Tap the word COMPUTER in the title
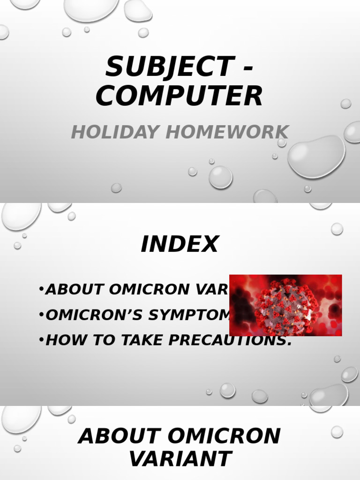coord(180,96)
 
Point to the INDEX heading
coord(180,244)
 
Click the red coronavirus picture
coord(285,305)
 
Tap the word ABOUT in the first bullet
coord(75,290)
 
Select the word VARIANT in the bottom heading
coord(180,459)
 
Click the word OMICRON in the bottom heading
coord(224,436)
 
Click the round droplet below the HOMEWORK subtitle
coord(220,177)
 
